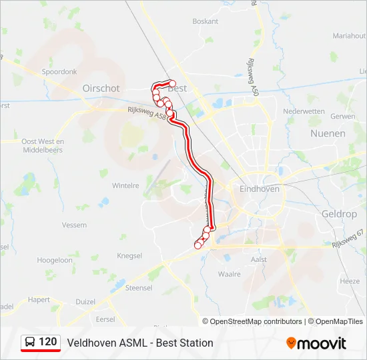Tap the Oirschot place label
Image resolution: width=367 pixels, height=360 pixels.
click(x=101, y=88)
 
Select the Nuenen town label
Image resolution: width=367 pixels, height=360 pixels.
click(x=328, y=133)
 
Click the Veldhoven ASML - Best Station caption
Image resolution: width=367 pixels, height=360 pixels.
click(x=140, y=343)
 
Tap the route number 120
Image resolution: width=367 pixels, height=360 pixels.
click(x=47, y=342)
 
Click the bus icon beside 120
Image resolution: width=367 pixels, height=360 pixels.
click(x=30, y=343)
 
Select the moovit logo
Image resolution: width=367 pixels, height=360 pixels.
click(x=316, y=343)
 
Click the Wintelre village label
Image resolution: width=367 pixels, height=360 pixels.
click(x=125, y=185)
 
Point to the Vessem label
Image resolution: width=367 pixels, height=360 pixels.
click(x=74, y=225)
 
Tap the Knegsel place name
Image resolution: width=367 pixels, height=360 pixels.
click(x=129, y=255)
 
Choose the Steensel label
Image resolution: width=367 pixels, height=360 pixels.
click(x=139, y=288)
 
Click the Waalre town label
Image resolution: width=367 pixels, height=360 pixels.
click(x=229, y=273)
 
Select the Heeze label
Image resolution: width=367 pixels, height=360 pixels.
click(x=350, y=281)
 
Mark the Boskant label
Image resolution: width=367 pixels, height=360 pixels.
click(x=206, y=21)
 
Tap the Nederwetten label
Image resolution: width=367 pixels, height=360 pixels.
click(x=304, y=111)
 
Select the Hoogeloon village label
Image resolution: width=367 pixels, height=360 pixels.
click(x=55, y=261)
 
